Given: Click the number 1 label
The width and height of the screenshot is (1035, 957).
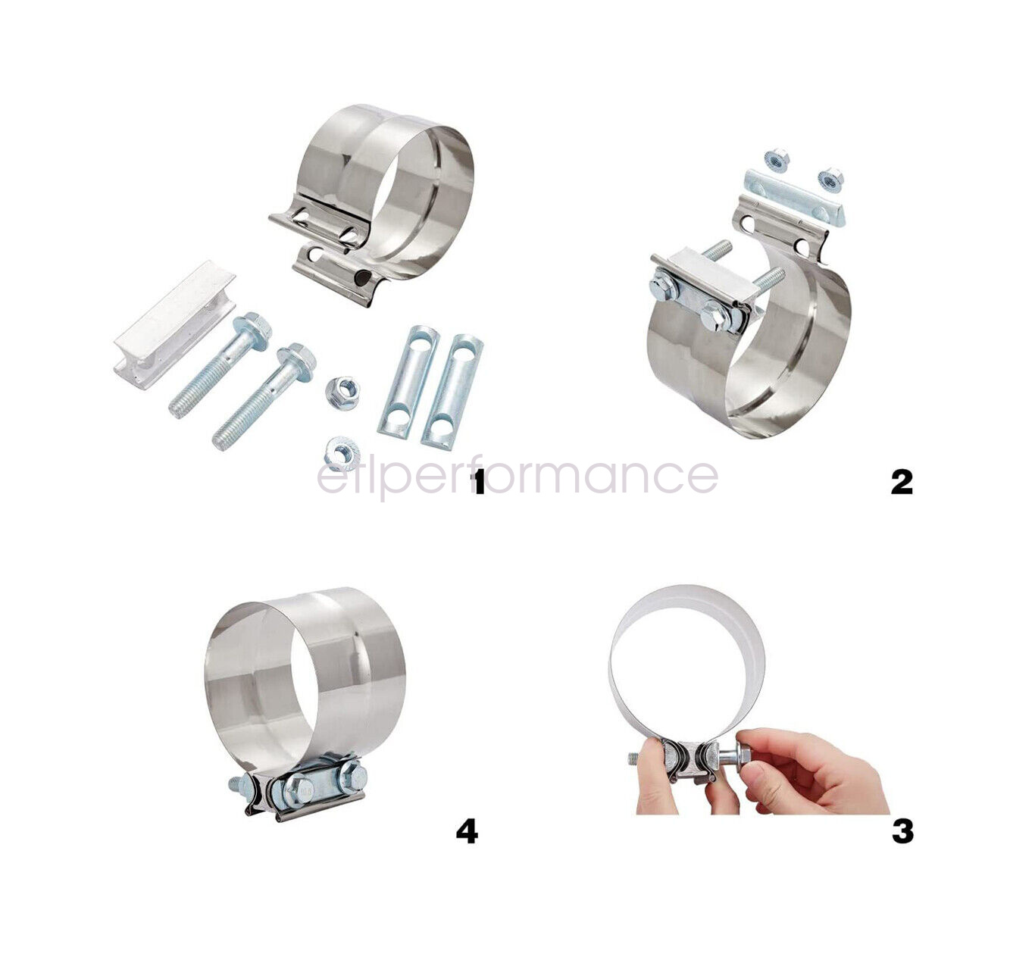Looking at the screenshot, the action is pyautogui.click(x=477, y=483).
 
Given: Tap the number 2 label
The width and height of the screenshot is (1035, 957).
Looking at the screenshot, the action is pyautogui.click(x=902, y=483).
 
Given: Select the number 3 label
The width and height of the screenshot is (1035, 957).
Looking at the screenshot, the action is pyautogui.click(x=902, y=832).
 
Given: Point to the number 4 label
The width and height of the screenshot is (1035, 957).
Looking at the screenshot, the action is pyautogui.click(x=467, y=832).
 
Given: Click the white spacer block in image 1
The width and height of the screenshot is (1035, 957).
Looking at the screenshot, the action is pyautogui.click(x=174, y=325).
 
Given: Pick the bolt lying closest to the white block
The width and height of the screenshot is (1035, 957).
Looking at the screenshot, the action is pyautogui.click(x=221, y=365).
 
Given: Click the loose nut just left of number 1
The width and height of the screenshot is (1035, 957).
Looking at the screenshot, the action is pyautogui.click(x=342, y=455).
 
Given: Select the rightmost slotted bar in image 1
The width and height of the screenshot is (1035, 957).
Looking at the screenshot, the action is pyautogui.click(x=452, y=392).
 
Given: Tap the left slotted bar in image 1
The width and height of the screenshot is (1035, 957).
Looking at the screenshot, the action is pyautogui.click(x=408, y=381).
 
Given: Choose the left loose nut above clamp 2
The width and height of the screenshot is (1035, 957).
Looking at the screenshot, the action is pyautogui.click(x=777, y=158).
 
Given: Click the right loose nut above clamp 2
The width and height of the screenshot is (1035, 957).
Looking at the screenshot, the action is pyautogui.click(x=830, y=179).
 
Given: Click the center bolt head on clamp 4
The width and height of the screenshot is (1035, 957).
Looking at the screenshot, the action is pyautogui.click(x=299, y=790).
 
